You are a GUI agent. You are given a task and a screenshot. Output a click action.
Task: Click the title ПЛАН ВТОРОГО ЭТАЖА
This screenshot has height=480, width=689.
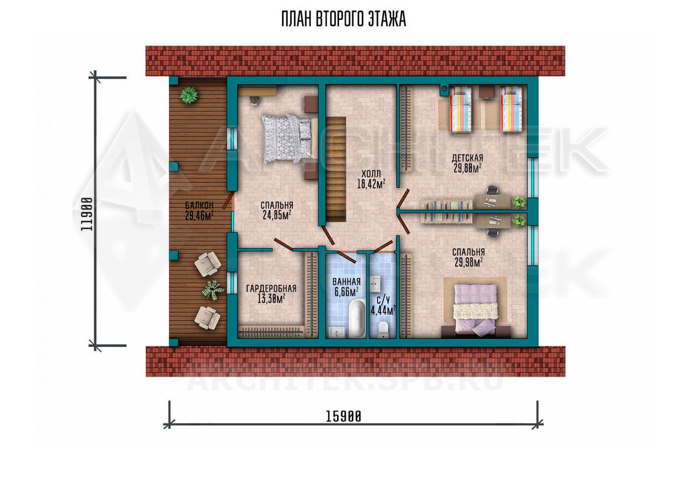pyautogui.click(x=344, y=20)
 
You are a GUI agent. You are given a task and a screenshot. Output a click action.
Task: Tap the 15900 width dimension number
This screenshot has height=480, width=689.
pyautogui.click(x=344, y=417)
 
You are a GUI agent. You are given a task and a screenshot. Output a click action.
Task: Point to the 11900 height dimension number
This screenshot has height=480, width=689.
pyautogui.click(x=87, y=215)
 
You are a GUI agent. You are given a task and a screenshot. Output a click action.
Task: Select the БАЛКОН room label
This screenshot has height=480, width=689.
pyautogui.click(x=199, y=205)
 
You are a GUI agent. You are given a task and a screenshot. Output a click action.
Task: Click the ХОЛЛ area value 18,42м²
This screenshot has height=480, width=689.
pyautogui.click(x=371, y=184)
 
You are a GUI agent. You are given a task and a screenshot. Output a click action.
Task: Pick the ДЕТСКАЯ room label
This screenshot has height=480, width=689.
pyautogui.click(x=467, y=158)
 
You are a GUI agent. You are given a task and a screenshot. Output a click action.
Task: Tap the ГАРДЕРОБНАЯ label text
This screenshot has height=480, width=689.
pyautogui.click(x=271, y=288)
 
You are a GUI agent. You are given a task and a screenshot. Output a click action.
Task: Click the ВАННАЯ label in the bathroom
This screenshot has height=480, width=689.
pyautogui.click(x=346, y=282)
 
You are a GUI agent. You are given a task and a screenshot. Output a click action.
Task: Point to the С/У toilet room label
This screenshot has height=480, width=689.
pyautogui.click(x=383, y=299)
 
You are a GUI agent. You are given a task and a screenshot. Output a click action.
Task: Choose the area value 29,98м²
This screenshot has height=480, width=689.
pyautogui.click(x=468, y=262)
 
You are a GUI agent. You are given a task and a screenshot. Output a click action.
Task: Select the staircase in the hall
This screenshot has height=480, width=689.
pyautogui.click(x=336, y=169)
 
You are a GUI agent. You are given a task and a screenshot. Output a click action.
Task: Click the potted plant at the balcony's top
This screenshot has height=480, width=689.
pyautogui.click(x=188, y=95)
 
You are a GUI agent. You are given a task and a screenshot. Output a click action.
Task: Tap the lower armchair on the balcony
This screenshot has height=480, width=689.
pyautogui.click(x=207, y=318)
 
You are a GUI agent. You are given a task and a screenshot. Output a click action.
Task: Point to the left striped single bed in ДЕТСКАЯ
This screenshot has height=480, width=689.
pyautogui.click(x=461, y=109)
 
